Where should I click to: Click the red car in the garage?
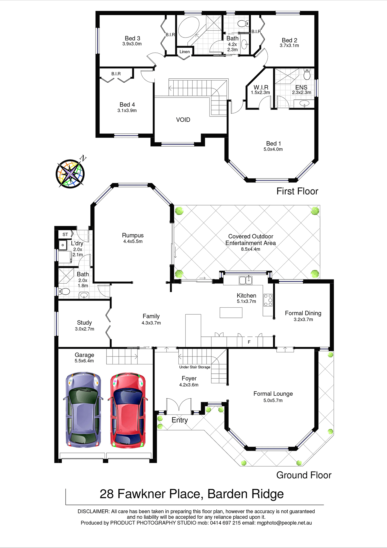point(128,410)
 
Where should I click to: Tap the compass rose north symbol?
point(70,173)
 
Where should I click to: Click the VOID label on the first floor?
point(183,120)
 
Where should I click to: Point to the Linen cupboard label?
point(185,52)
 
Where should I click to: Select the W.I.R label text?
point(261,87)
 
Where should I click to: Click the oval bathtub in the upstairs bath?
point(189,27)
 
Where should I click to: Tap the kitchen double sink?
point(246,280)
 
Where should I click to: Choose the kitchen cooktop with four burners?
point(268,300)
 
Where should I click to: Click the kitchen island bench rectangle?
point(231,313)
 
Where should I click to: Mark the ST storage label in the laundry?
point(65,235)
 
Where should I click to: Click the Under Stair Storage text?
point(195,367)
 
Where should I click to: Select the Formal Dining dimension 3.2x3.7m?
point(303,319)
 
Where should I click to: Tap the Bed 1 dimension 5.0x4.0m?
point(273,149)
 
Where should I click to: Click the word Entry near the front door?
point(180,420)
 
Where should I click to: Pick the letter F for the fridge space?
point(249,342)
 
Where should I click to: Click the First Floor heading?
point(297,191)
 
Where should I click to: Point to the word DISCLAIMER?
point(93,512)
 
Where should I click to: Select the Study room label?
point(84,323)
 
